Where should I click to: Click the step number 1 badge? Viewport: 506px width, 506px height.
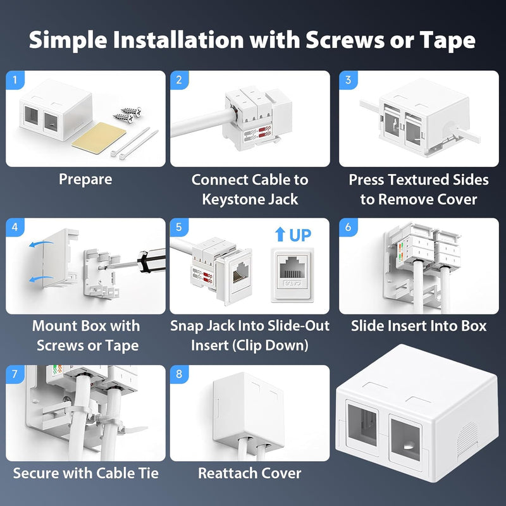[15, 80]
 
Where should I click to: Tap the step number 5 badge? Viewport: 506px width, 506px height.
[179, 227]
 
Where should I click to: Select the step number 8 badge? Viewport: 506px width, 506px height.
[179, 374]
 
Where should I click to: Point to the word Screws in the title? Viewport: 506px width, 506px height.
[345, 40]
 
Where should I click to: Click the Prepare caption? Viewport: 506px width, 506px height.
[85, 180]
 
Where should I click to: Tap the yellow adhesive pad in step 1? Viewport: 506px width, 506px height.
[99, 138]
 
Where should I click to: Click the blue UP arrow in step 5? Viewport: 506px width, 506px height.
[280, 234]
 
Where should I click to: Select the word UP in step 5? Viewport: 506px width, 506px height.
[300, 235]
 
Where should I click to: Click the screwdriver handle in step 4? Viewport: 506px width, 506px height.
[152, 260]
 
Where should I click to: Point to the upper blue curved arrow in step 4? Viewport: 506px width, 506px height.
[41, 244]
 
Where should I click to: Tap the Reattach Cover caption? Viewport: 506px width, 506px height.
[250, 473]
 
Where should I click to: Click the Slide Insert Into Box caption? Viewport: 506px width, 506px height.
[419, 326]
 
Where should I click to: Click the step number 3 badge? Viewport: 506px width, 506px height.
[349, 80]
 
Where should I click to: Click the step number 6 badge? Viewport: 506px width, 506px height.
[349, 227]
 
